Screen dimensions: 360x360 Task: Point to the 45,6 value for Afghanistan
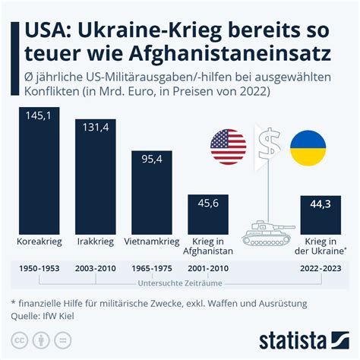tap(207, 204)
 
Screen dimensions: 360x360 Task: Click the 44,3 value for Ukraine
tap(320, 204)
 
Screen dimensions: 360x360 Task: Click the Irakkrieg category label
tap(94, 242)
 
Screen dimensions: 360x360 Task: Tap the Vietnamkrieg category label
tap(150, 242)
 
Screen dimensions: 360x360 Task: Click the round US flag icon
tap(228, 147)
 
